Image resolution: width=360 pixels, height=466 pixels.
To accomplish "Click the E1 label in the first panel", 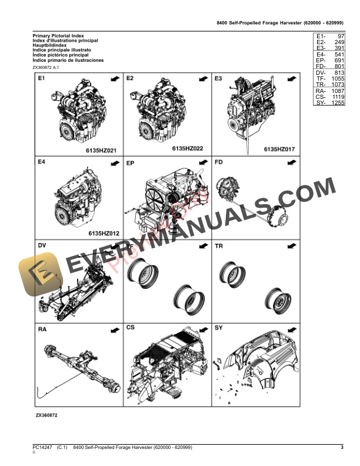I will tap(42, 78).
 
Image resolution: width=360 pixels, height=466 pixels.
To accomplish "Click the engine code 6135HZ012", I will tap(104, 234).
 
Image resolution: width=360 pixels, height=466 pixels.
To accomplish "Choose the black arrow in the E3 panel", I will tap(291, 78).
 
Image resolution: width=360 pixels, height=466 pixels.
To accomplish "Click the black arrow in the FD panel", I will tap(291, 162).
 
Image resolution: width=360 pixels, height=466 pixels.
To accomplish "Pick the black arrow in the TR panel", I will tap(291, 245).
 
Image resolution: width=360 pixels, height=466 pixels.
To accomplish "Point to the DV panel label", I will tap(42, 245).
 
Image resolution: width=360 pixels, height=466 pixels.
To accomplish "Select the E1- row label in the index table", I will tap(321, 36).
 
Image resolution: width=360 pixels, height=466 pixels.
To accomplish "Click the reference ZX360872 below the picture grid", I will tap(46, 415).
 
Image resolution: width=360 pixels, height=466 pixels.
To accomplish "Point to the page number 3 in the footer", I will tap(342, 449).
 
